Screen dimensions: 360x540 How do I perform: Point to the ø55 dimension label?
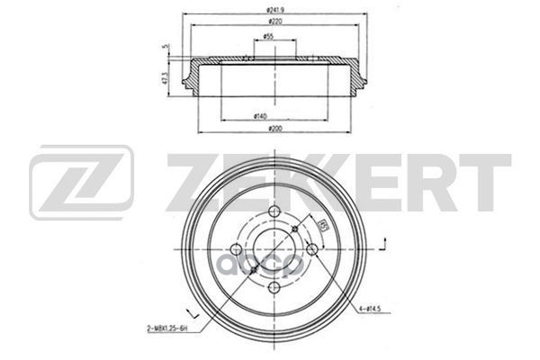pyautogui.click(x=269, y=37)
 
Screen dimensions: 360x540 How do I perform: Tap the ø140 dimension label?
pyautogui.click(x=261, y=115)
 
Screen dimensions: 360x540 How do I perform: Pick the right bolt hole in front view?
pyautogui.click(x=312, y=249)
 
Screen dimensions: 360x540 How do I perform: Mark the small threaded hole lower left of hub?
pyautogui.click(x=253, y=270)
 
